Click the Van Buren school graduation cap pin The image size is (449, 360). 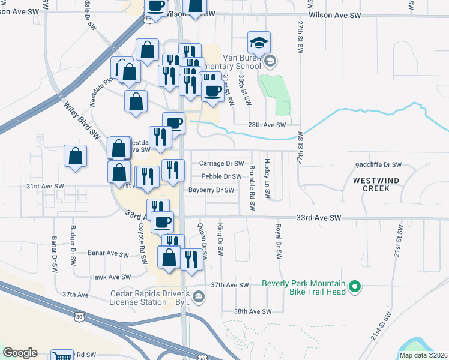click(x=259, y=43)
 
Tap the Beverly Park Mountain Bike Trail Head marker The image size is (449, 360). click(x=355, y=287)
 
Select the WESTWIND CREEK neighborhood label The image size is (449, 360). click(x=379, y=184)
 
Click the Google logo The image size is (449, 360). click(x=20, y=353)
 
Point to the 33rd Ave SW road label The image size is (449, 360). click(x=319, y=218)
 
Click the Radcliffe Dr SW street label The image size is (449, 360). click(x=378, y=164)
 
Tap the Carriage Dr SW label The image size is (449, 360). click(x=221, y=163)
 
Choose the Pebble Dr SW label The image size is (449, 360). click(x=221, y=176)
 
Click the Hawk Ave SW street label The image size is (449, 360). click(x=110, y=277)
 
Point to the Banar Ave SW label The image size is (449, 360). click(x=109, y=254)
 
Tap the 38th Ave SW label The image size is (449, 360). click(x=253, y=311)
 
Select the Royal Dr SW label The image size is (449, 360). click(x=278, y=242)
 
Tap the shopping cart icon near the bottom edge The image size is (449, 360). click(x=62, y=356)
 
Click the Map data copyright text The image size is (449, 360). click(x=423, y=355)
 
